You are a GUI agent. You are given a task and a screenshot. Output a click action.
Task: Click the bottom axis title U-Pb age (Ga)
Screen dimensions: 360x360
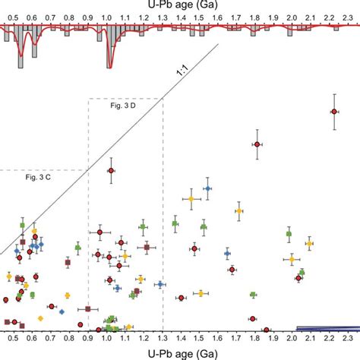180,355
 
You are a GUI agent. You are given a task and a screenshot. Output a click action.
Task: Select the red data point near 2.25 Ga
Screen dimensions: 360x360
334,112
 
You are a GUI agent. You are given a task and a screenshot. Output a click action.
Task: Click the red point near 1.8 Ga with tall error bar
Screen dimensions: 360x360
257,144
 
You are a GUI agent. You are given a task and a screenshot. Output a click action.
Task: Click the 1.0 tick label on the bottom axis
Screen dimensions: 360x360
107,342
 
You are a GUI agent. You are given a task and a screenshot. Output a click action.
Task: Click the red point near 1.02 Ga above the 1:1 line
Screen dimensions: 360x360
111,171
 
